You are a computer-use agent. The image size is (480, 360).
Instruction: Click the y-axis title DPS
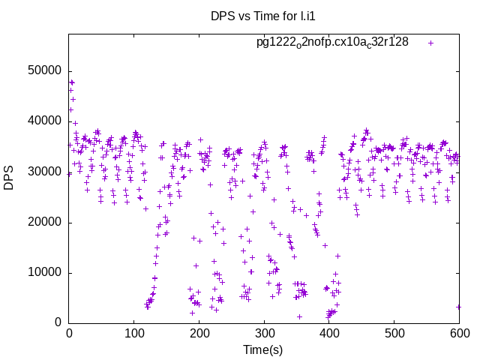(x=9, y=178)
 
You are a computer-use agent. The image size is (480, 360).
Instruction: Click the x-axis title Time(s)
(x=263, y=349)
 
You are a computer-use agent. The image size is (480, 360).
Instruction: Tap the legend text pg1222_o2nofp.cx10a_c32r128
(x=332, y=42)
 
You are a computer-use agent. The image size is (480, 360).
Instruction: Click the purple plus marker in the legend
(x=430, y=43)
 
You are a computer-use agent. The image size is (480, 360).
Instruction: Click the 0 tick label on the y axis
(x=58, y=322)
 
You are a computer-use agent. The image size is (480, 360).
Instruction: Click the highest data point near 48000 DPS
(x=72, y=82)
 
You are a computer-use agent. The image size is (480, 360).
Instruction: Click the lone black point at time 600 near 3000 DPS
(x=458, y=307)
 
